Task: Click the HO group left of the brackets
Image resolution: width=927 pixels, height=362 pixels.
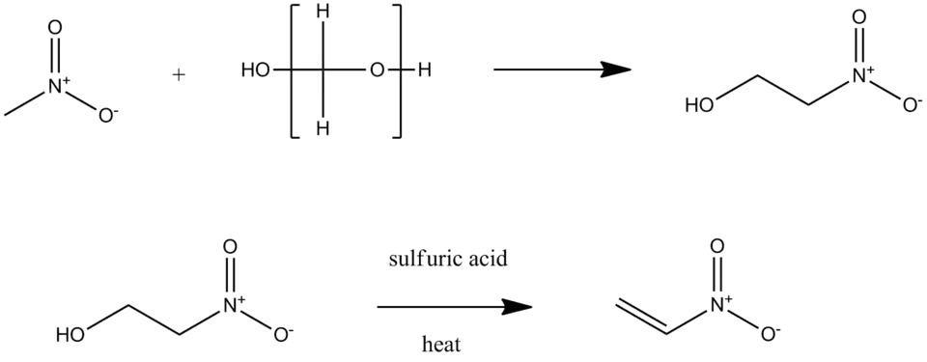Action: pyautogui.click(x=255, y=71)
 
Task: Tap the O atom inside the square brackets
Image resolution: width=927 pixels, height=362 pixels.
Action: pyautogui.click(x=377, y=71)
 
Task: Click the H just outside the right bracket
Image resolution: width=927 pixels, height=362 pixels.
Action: pyautogui.click(x=424, y=71)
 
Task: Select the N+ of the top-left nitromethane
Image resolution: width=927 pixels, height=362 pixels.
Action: pyautogui.click(x=56, y=88)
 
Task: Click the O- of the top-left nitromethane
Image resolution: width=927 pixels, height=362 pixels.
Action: pyautogui.click(x=108, y=117)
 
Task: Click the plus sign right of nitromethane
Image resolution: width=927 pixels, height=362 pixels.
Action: pyautogui.click(x=177, y=73)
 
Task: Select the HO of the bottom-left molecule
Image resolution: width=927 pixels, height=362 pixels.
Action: pyautogui.click(x=70, y=336)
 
